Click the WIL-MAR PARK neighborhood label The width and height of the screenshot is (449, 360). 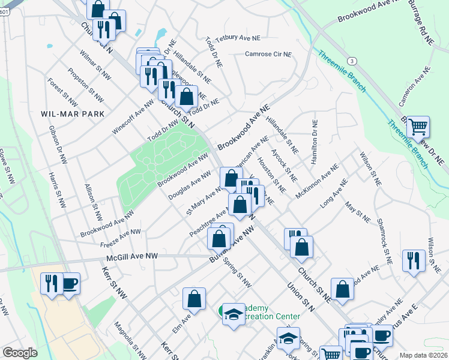pyautogui.click(x=73, y=113)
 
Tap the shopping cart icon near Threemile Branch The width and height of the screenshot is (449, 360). pyautogui.click(x=418, y=127)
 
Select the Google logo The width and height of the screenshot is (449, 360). pyautogui.click(x=20, y=353)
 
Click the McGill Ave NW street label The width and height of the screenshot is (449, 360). pyautogui.click(x=131, y=256)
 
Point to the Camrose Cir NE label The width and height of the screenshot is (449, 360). pyautogui.click(x=268, y=54)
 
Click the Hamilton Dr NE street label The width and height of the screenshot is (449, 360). pyautogui.click(x=313, y=142)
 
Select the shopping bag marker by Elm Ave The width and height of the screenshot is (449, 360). pyautogui.click(x=194, y=299)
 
